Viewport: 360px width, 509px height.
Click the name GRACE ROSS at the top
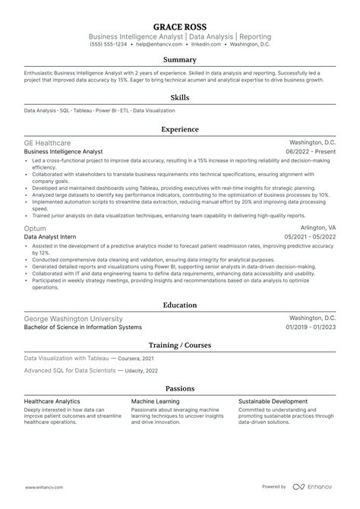(x=180, y=26)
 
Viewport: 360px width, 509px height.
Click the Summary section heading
(x=180, y=59)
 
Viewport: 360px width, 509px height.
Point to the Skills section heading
(x=180, y=97)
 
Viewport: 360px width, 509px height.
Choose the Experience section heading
(x=180, y=129)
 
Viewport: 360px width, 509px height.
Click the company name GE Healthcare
(x=48, y=143)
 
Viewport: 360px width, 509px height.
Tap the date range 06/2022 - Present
(x=311, y=152)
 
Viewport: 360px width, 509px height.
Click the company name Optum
(x=35, y=228)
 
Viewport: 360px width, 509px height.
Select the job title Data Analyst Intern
(x=52, y=237)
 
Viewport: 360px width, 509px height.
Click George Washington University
(x=73, y=318)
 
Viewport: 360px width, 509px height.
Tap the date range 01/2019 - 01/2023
(x=310, y=327)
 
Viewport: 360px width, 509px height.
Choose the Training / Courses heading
(x=180, y=346)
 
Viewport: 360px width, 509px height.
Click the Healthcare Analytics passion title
(x=55, y=401)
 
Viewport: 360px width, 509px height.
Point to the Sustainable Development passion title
(x=273, y=401)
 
